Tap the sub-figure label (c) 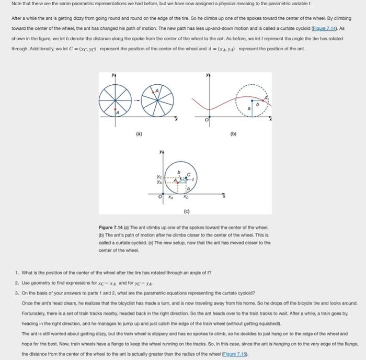(187, 211)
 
